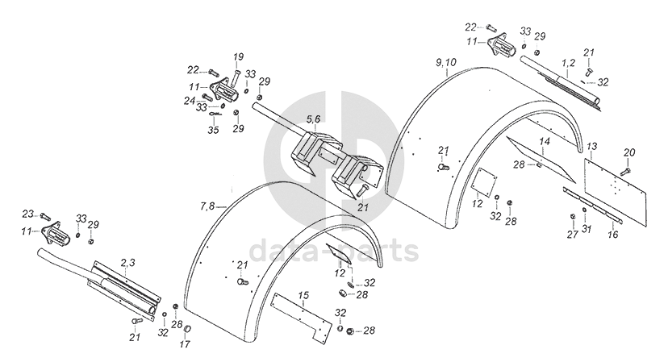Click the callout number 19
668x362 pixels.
[238, 56]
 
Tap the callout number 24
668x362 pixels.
[189, 101]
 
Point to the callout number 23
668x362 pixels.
[28, 214]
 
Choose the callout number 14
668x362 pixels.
[545, 141]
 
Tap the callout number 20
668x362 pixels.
[629, 152]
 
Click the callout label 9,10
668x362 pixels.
[445, 62]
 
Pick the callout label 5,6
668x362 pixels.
[312, 119]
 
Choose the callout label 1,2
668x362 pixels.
[568, 61]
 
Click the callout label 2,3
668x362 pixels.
[127, 262]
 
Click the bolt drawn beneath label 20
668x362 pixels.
[627, 170]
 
